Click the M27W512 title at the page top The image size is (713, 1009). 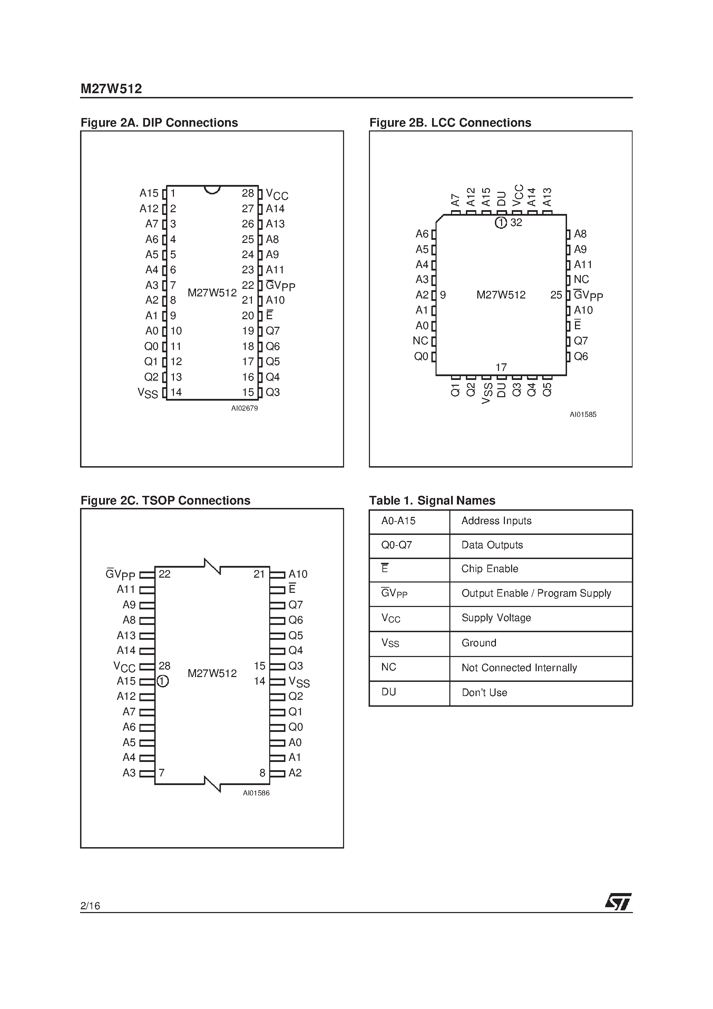pos(111,89)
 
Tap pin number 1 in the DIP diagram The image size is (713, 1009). pos(173,193)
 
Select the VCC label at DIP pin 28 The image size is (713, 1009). pos(277,194)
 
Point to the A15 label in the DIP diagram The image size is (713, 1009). pos(149,193)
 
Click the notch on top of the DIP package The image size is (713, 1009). pos(212,189)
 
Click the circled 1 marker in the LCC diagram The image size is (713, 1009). pos(501,223)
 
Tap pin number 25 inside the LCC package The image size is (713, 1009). pos(556,295)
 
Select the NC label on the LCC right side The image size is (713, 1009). pos(581,280)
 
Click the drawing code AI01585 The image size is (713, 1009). pos(583,414)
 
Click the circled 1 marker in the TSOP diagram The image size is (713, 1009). pos(163,681)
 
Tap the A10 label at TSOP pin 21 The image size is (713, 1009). pos(297,574)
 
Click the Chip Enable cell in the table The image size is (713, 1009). pos(490,569)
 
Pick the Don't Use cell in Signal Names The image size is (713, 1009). pos(485,693)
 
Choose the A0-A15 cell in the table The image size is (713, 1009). pos(398,521)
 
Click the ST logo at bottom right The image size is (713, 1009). pos(618,902)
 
